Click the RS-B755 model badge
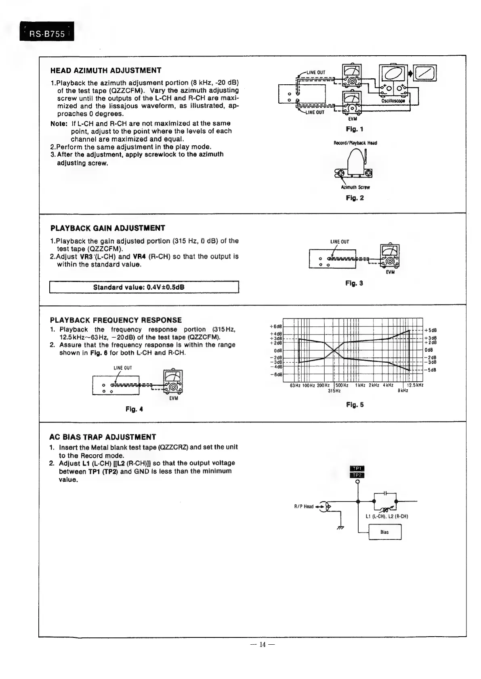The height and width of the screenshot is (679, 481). point(47,34)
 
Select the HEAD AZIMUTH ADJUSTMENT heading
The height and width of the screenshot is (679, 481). point(106,71)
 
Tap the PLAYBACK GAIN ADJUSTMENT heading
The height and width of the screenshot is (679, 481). point(107,228)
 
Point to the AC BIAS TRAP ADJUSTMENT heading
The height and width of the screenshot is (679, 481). point(102,437)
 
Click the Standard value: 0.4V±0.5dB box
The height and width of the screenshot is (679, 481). point(144,288)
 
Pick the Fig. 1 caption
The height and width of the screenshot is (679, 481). point(354,129)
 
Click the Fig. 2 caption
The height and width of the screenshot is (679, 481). point(355,198)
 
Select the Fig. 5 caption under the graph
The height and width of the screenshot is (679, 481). point(355,405)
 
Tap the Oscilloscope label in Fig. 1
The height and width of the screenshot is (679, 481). point(393,101)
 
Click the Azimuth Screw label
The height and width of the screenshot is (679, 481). point(355,187)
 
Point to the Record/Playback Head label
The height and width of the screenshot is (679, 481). point(355,143)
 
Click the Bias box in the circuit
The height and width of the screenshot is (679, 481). point(384,532)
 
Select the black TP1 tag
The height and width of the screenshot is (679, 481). point(357,468)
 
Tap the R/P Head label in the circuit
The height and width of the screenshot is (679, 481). point(303,506)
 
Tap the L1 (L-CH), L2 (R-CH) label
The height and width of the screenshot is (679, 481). point(381,516)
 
